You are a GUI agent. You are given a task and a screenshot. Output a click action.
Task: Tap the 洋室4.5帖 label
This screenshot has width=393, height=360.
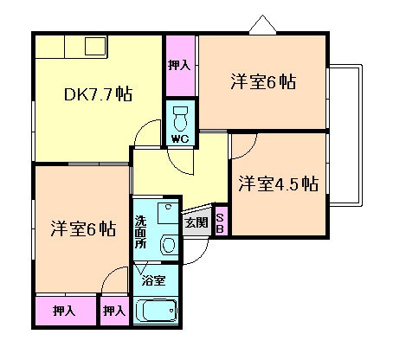point(279,183)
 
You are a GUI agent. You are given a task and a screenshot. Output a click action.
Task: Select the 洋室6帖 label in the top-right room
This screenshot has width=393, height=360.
point(263,83)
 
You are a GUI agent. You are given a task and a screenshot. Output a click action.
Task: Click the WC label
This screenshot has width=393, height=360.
point(180,138)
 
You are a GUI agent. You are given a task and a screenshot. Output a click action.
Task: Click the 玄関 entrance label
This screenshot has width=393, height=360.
point(196,222)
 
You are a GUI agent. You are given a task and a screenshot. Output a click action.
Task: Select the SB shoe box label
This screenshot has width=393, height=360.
point(220,222)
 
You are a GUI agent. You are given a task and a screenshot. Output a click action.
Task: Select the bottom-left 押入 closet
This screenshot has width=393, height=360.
point(63,311)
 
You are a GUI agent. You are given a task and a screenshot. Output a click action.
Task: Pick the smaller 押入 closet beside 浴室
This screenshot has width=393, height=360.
point(113,311)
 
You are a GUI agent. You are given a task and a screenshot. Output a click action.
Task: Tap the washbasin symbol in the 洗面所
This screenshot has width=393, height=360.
point(167,244)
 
